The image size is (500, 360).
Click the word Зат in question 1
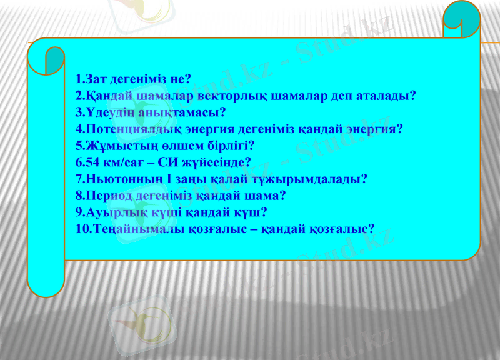tap(96, 80)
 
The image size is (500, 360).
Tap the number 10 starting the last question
tap(81, 228)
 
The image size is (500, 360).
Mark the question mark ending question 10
tap(371, 228)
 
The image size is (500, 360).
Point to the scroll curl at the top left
tap(55, 60)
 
